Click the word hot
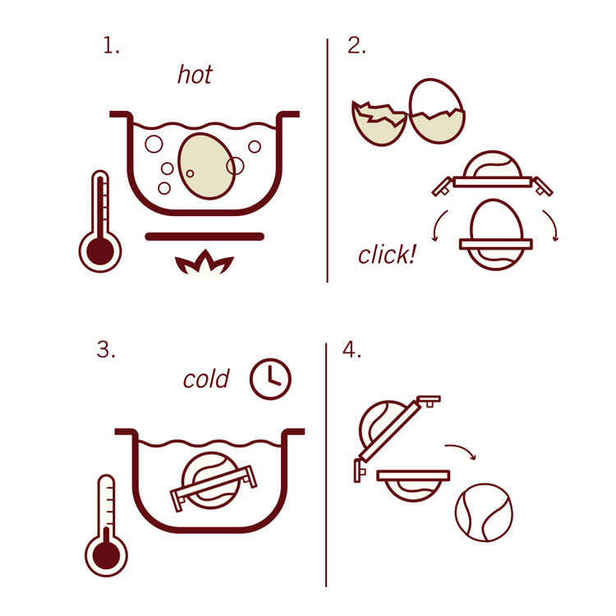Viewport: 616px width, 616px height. click(195, 74)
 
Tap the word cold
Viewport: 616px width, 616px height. click(206, 379)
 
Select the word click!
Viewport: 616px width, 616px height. click(387, 254)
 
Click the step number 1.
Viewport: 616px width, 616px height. click(111, 45)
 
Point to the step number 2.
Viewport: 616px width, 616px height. click(356, 45)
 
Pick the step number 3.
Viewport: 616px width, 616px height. click(106, 349)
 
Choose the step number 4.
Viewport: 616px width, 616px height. click(352, 349)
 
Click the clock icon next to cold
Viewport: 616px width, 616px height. click(270, 379)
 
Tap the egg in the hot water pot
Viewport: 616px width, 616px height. click(207, 166)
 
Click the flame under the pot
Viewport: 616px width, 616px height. click(205, 263)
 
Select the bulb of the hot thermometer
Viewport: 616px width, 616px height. click(100, 251)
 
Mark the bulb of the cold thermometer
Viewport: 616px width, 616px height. click(106, 555)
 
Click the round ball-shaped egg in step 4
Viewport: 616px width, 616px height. click(484, 513)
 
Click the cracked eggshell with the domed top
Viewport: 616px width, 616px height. click(437, 111)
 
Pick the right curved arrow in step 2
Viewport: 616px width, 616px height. click(553, 225)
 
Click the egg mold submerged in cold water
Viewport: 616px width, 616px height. click(214, 481)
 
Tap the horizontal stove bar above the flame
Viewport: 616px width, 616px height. click(205, 236)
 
